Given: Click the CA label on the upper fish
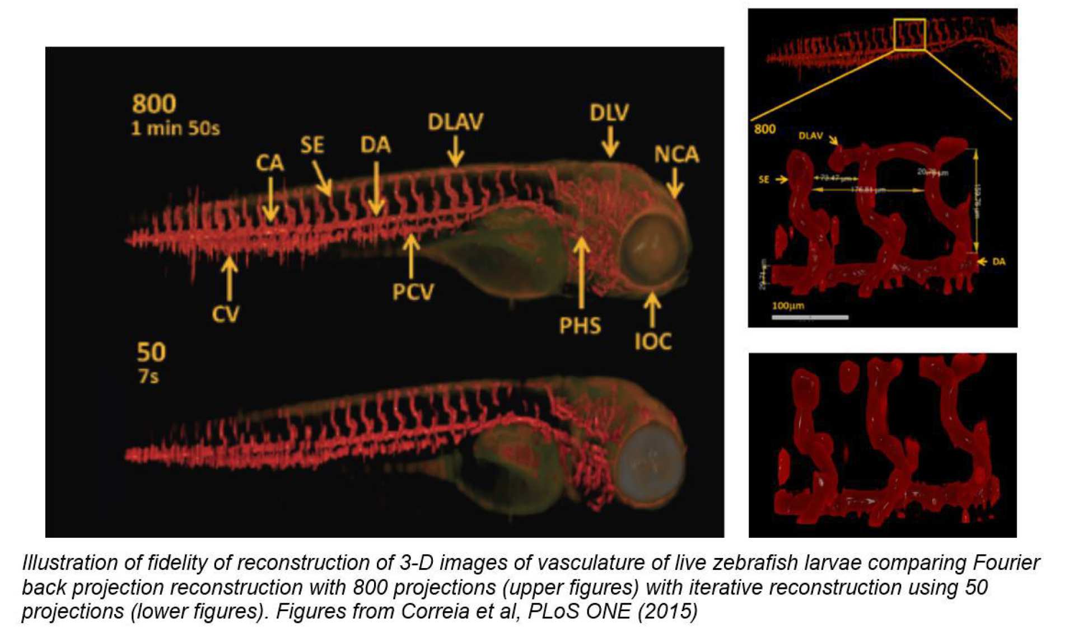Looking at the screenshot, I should point(269,163).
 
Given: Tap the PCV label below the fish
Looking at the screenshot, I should point(413,292).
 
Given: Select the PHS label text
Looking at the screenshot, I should point(580,326).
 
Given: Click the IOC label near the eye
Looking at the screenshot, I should point(652,341).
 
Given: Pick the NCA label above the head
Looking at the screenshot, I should point(676,154).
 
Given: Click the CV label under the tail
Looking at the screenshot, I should point(226,314).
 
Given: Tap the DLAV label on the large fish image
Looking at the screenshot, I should point(455,122).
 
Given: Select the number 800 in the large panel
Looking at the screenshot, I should point(154,104).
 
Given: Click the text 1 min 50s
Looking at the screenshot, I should point(175,129).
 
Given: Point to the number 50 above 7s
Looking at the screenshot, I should point(151,353).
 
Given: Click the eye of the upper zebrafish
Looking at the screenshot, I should point(652,246).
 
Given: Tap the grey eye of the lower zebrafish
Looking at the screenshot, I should point(651,465).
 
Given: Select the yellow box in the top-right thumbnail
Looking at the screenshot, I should point(909,34).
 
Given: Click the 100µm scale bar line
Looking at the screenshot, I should point(810,317).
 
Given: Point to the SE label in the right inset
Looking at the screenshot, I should point(764,180).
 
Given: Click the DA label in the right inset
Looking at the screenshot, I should point(998,261).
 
